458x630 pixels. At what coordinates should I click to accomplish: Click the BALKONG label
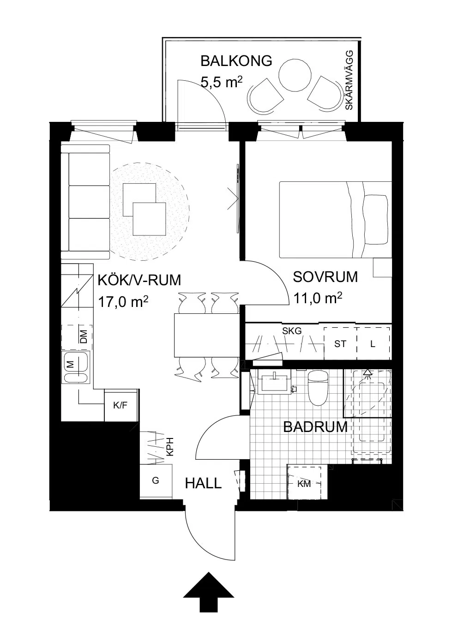coord(236,61)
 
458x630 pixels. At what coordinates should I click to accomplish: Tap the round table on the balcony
coord(295,75)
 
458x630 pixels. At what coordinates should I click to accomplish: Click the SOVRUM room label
coord(325,277)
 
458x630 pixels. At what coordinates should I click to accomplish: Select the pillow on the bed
coord(376,219)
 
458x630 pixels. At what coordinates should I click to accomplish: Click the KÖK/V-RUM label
coord(139,280)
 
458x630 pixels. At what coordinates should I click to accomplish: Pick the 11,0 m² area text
coord(318,298)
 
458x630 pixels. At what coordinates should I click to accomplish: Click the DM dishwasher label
coord(84,336)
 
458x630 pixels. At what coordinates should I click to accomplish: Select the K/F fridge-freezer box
coord(121,405)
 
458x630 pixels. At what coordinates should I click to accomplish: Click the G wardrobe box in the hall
coord(156,480)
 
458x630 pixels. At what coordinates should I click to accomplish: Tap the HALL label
coord(203,484)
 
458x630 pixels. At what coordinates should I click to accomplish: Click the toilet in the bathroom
coord(318,388)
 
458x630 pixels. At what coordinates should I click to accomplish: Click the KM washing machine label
coord(304,484)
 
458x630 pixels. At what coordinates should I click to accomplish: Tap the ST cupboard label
coord(340,344)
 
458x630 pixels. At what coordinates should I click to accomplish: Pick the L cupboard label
coord(373,344)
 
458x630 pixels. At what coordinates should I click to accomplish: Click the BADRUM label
coord(315,427)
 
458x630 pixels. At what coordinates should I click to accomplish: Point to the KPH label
coord(170,447)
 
